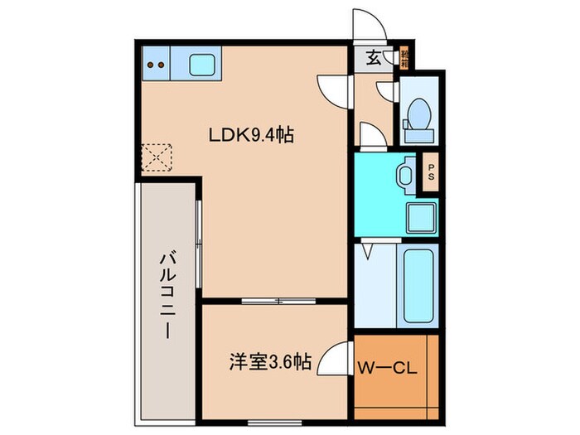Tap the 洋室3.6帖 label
click(270, 362)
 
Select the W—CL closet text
click(386, 365)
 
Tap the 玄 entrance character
click(374, 58)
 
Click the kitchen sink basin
click(203, 64)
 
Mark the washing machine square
click(418, 216)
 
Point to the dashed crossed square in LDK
click(156, 156)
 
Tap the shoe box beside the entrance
click(405, 58)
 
